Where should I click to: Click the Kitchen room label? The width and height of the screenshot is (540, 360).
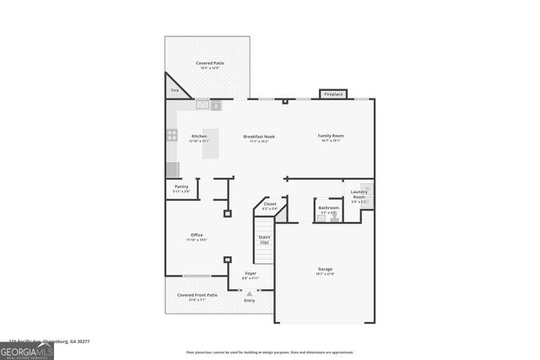[x=199, y=136]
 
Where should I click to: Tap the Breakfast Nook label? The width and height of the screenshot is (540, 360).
[x=259, y=136]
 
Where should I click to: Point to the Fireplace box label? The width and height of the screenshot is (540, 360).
[x=333, y=94]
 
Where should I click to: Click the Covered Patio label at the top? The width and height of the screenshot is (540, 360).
[x=209, y=63]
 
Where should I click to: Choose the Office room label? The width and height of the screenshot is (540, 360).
[x=197, y=234]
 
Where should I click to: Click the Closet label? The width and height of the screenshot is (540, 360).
[x=270, y=203]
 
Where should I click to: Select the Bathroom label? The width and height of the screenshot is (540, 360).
[x=328, y=207]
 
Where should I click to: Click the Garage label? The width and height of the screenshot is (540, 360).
[x=325, y=270]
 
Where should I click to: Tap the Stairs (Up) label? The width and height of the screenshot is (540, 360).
[x=264, y=239]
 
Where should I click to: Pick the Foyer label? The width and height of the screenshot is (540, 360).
[x=251, y=273]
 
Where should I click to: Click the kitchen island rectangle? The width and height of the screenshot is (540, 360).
[x=210, y=143]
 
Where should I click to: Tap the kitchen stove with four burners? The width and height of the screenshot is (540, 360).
[x=172, y=134]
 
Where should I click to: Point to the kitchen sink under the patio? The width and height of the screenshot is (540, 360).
[x=202, y=104]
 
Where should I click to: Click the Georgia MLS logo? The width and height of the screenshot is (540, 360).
[x=26, y=349]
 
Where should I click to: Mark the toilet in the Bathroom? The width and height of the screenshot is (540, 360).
[x=334, y=215]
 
